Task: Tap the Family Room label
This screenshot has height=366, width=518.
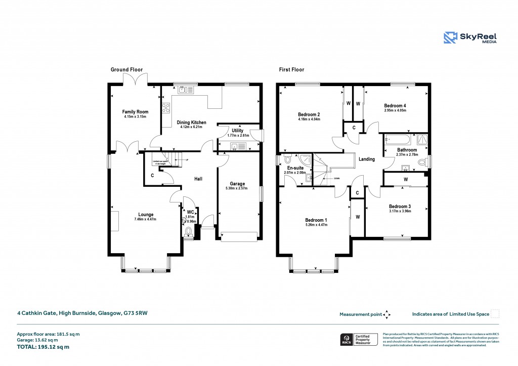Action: pos(135,111)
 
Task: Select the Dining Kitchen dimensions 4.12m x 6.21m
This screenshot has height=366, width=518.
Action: pos(189,127)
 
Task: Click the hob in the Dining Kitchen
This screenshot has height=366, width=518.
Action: pos(165,107)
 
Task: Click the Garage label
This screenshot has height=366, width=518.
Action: pos(238,183)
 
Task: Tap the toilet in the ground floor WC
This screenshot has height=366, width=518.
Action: pos(189,231)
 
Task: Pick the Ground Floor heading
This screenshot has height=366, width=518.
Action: pos(126,70)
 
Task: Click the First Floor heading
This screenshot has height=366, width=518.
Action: pos(291,70)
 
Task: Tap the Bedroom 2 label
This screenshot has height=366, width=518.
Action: pos(309,114)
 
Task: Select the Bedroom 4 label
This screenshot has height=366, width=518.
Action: pos(395,105)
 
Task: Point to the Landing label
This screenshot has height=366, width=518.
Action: pos(366,159)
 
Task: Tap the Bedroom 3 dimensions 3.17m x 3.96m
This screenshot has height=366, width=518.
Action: pos(400,211)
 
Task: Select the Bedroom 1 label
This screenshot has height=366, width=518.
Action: pos(316,220)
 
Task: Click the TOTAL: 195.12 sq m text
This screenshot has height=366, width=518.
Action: pos(43,347)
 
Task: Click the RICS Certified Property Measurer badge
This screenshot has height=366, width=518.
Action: pos(358,339)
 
